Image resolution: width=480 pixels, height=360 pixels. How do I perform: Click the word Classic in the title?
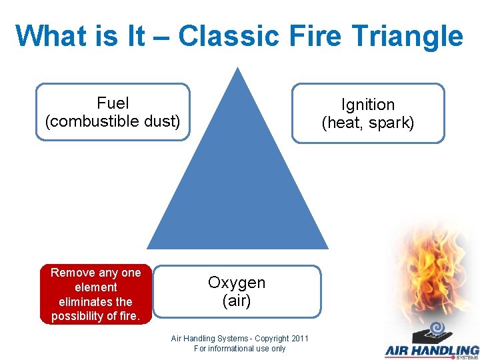(x=229, y=35)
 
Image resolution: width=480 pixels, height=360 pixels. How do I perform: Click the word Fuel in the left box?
(x=113, y=103)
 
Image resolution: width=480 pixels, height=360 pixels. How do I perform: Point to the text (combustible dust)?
(x=113, y=121)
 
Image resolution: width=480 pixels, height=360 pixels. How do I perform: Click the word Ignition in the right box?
(x=368, y=105)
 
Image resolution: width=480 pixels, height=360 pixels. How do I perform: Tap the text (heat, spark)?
(x=368, y=123)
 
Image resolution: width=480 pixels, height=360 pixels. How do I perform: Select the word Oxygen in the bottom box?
(x=237, y=283)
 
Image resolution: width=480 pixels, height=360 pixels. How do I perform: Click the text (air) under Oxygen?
(x=237, y=301)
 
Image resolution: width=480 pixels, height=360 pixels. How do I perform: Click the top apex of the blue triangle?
(x=237, y=69)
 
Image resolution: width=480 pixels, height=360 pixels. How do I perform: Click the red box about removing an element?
(x=96, y=294)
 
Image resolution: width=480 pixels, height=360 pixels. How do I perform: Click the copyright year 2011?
(x=299, y=339)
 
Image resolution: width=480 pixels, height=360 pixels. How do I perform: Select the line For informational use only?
(x=239, y=348)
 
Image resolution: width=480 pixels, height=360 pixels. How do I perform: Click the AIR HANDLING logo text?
(x=431, y=350)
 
